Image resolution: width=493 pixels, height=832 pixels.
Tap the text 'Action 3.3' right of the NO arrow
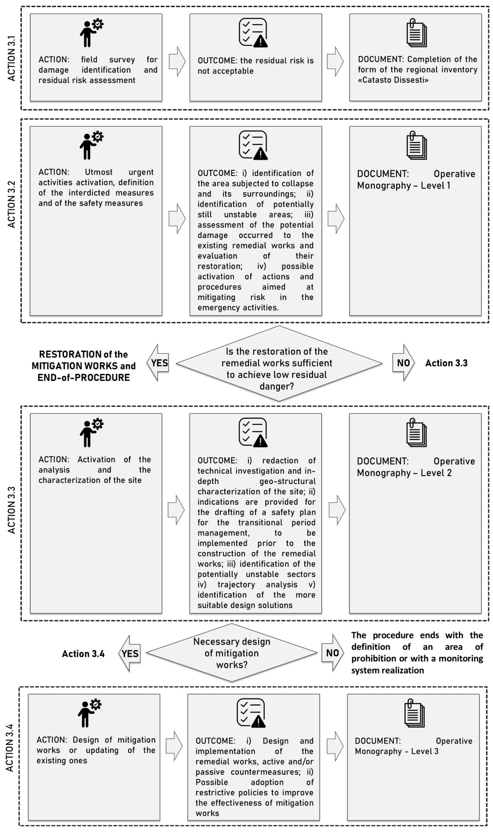point(446,363)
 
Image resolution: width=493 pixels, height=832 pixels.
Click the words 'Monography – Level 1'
point(404,186)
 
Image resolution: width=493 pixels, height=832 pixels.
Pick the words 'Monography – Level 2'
point(404,473)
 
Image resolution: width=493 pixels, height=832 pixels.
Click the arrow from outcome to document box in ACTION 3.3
point(337,510)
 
